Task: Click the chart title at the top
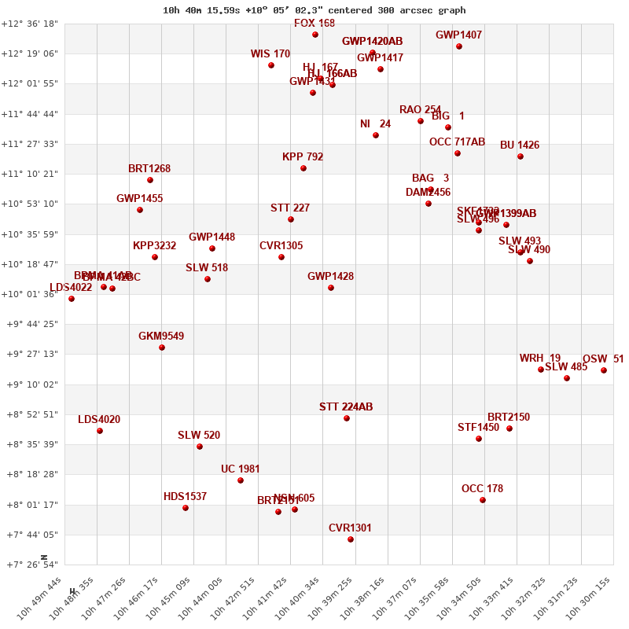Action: click(x=314, y=10)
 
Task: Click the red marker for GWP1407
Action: click(x=459, y=46)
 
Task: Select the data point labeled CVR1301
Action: click(x=351, y=539)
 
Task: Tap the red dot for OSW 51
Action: click(x=604, y=370)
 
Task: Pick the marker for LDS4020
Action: click(x=100, y=431)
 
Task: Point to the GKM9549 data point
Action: click(x=162, y=348)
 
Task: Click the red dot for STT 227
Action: click(x=291, y=219)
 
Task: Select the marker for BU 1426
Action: click(x=520, y=156)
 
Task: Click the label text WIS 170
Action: click(x=270, y=54)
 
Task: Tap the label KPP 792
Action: click(x=303, y=157)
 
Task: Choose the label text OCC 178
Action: click(x=482, y=489)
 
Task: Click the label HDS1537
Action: click(x=185, y=497)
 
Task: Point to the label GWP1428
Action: click(x=330, y=277)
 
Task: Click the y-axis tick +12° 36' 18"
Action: click(x=30, y=24)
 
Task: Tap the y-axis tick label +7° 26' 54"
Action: click(x=30, y=565)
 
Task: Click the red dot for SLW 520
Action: click(x=200, y=447)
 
